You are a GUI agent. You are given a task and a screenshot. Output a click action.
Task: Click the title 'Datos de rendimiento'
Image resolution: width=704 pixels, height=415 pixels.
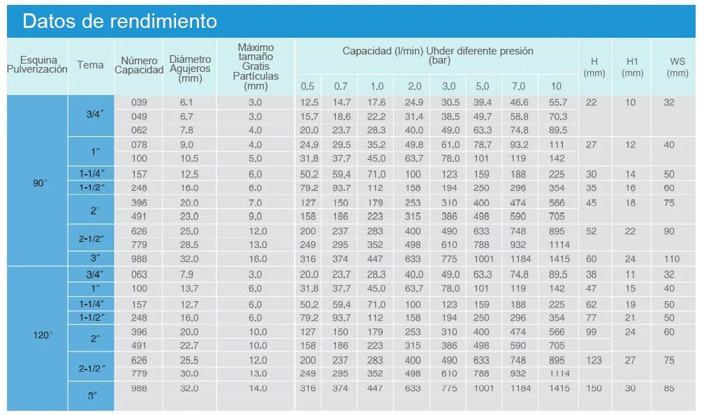[x=119, y=21]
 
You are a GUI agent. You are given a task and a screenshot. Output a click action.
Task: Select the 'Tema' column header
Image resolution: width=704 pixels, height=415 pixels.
[x=91, y=65]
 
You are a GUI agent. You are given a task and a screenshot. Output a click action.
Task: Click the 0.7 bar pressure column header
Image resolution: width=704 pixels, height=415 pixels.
[x=340, y=86]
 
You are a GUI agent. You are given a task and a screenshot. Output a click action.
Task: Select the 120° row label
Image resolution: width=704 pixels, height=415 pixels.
[x=43, y=335]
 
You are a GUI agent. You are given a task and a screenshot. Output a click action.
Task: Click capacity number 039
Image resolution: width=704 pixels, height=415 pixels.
[x=140, y=103]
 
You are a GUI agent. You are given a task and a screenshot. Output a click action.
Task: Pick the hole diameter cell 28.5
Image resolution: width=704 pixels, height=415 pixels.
[x=190, y=245]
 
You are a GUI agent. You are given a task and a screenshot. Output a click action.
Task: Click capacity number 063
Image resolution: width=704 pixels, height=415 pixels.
[x=140, y=274]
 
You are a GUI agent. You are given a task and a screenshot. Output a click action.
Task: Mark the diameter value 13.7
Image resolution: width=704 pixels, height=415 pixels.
[x=190, y=289]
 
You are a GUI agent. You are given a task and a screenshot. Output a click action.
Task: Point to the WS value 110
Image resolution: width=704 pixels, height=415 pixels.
[x=670, y=259]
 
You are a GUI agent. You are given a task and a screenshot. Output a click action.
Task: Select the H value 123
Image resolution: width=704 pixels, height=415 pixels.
[x=594, y=361]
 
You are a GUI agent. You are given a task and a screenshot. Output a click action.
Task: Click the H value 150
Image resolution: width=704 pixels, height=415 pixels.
[x=594, y=388]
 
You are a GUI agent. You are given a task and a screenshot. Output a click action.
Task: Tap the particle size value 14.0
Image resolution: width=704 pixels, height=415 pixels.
[x=255, y=388]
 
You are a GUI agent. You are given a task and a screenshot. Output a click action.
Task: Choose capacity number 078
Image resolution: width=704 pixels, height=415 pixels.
[x=140, y=145]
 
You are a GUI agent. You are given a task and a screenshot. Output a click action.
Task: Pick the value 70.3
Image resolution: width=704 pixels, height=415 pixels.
[x=558, y=117]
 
